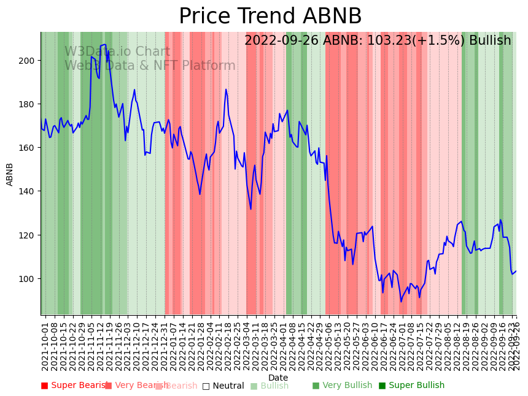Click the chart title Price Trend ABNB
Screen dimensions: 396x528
coord(270,17)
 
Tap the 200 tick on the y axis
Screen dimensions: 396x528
coord(29,61)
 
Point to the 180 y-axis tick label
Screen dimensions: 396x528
coord(29,104)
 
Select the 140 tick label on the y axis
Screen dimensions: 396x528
coord(29,191)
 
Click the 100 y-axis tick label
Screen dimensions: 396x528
coord(29,279)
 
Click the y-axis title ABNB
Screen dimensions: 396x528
coord(10,174)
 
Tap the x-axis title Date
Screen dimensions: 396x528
coord(278,378)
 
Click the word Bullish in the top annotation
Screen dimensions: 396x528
coord(490,41)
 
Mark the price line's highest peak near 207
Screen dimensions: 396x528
coord(105,44)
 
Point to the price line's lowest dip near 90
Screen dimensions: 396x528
coord(402,301)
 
